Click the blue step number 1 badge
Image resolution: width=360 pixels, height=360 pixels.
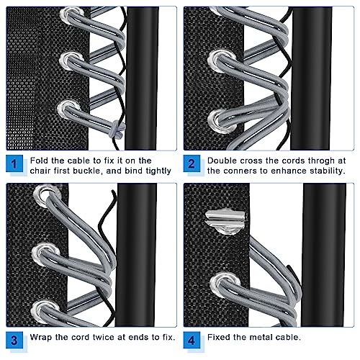tap(14, 163)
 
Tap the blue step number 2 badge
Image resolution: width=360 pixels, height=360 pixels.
tap(192, 163)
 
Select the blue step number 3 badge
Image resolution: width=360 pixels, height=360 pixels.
tap(14, 340)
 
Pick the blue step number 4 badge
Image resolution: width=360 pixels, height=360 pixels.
tap(192, 340)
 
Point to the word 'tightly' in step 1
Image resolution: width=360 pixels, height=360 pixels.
tap(158, 171)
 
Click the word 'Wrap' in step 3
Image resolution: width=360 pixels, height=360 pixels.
tap(41, 338)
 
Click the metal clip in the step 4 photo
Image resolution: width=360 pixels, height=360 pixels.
tap(225, 219)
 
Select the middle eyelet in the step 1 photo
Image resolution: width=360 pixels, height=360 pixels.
tap(71, 60)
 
